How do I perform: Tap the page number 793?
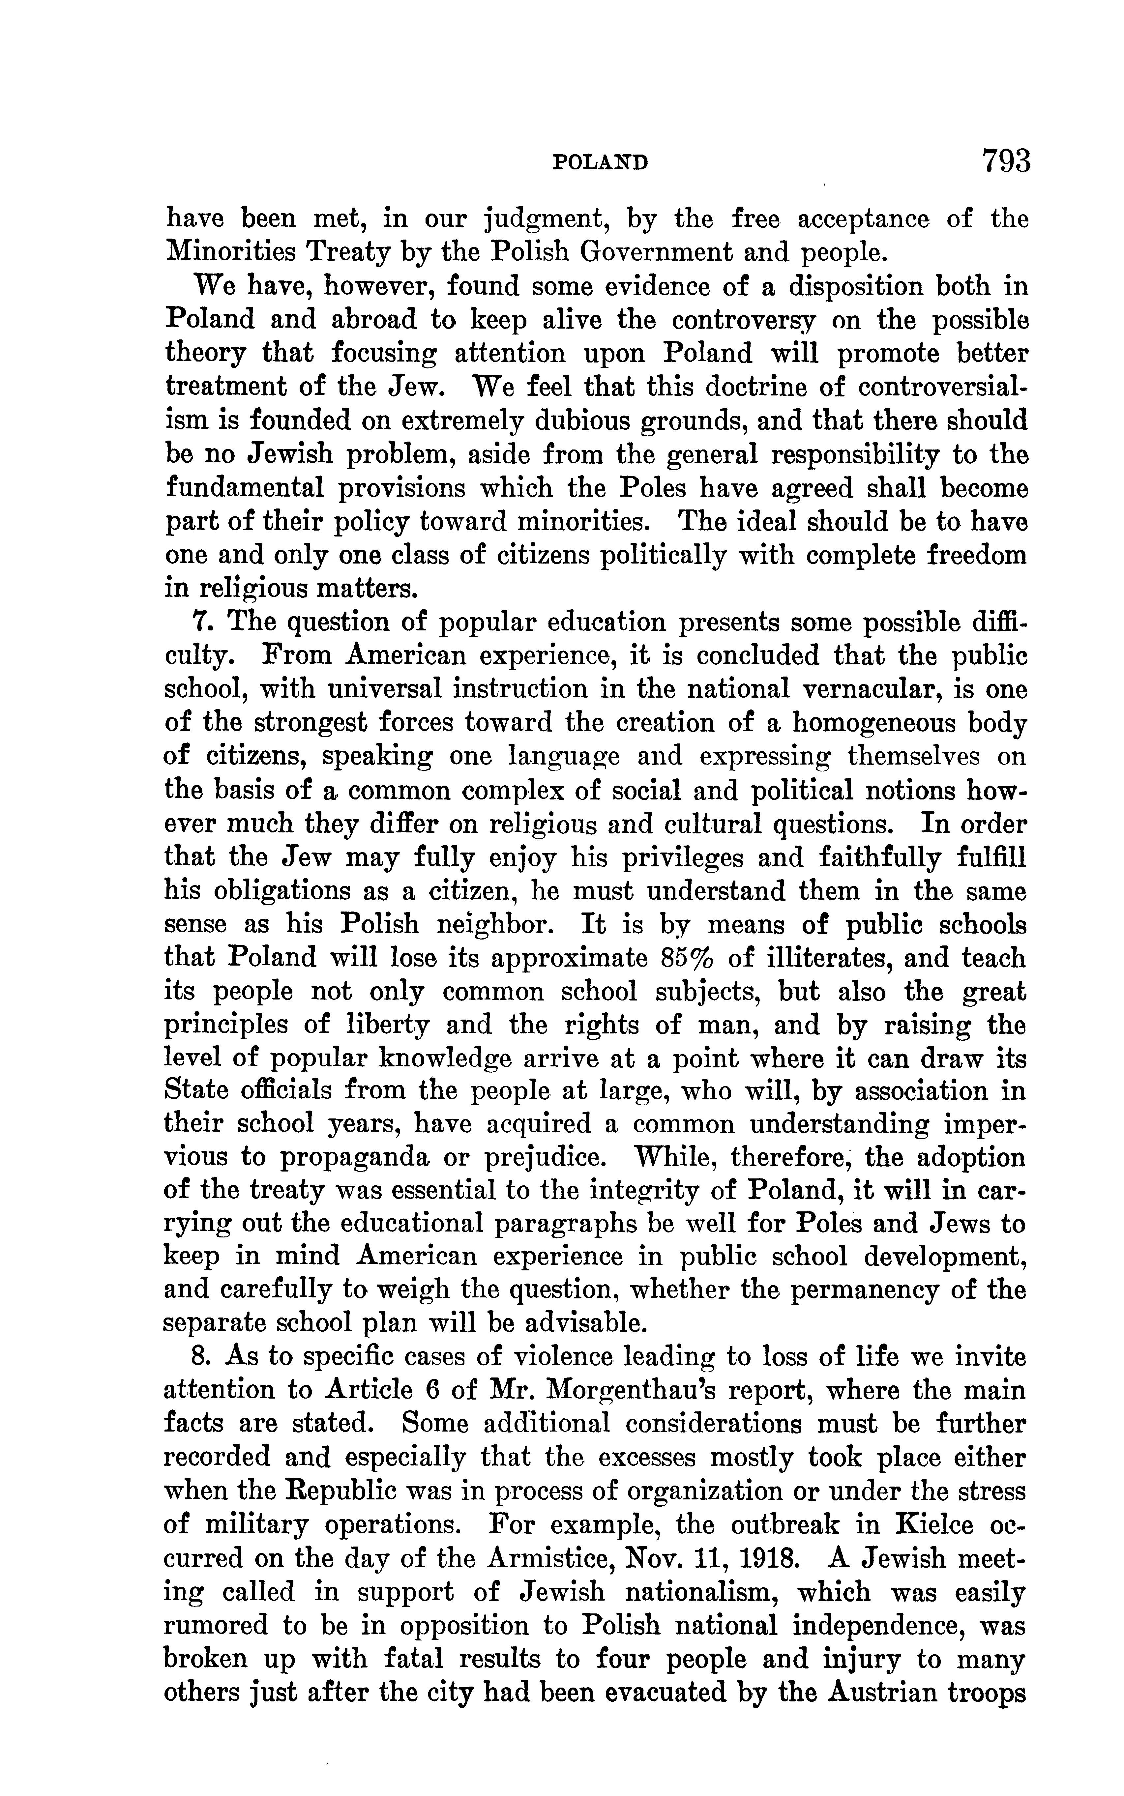1007,160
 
